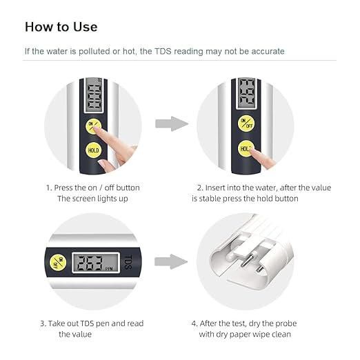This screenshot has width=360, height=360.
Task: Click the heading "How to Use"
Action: (61, 27)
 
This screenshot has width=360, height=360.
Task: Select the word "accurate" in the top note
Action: (263, 52)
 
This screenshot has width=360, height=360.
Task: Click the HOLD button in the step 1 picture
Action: (93, 150)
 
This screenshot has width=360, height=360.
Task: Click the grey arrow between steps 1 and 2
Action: (170, 124)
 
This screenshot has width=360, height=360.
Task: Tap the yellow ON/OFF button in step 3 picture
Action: (57, 262)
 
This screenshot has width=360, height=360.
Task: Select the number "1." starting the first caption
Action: (49, 188)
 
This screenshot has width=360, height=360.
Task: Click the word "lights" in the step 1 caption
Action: (107, 199)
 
